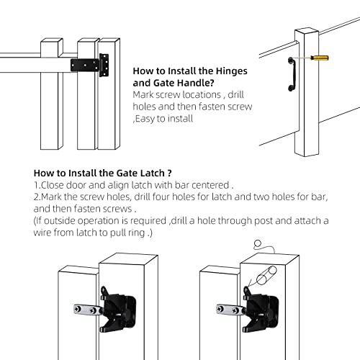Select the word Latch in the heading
[x=147, y=173]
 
